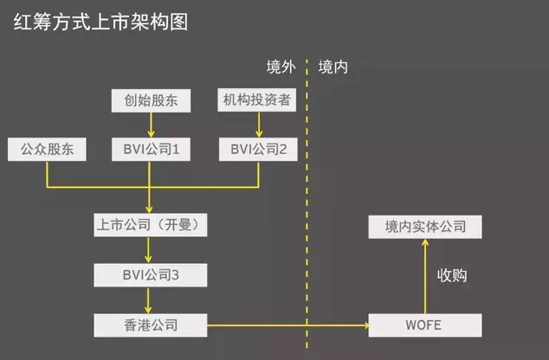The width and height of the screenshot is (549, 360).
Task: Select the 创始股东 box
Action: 151,100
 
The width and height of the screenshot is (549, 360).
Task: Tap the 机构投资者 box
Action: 257,100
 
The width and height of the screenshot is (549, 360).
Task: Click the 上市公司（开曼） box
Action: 152,226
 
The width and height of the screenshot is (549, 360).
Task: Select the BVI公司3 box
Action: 151,275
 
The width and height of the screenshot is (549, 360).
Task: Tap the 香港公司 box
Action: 151,325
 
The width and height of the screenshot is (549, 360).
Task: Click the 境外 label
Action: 281,67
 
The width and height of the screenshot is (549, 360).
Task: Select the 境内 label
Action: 333,67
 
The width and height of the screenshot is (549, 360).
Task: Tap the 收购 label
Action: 451,276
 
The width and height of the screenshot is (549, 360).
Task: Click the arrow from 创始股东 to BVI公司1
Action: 151,125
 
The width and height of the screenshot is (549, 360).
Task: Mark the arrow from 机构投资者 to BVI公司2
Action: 258,125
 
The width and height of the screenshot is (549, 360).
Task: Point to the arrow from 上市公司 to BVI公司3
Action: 151,251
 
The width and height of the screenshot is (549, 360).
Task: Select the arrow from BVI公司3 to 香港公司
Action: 151,300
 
